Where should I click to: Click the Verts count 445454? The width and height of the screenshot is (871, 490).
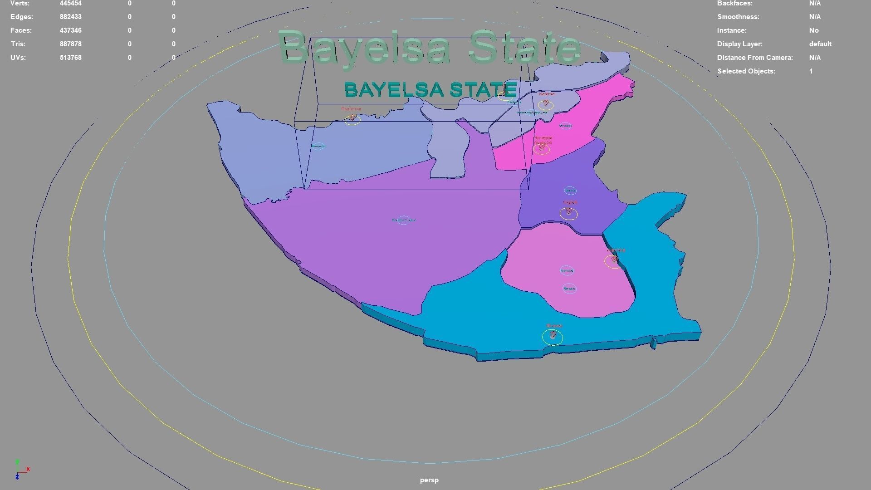pyautogui.click(x=70, y=4)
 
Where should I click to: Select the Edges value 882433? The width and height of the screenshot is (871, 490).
pyautogui.click(x=70, y=17)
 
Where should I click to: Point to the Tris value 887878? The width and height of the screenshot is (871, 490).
pyautogui.click(x=70, y=44)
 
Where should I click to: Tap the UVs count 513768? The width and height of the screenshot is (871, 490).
pyautogui.click(x=70, y=58)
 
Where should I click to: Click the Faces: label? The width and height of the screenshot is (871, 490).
pyautogui.click(x=21, y=30)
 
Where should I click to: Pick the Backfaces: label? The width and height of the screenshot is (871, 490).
pyautogui.click(x=734, y=4)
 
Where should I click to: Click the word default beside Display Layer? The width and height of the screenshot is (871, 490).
pyautogui.click(x=820, y=44)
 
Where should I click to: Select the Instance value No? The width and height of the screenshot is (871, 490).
pyautogui.click(x=813, y=30)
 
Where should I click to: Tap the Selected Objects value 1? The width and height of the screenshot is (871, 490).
pyautogui.click(x=811, y=71)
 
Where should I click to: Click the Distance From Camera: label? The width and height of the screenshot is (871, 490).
pyautogui.click(x=754, y=58)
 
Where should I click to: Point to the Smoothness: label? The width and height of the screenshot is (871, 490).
pyautogui.click(x=738, y=17)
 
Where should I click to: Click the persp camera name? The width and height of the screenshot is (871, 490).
pyautogui.click(x=429, y=480)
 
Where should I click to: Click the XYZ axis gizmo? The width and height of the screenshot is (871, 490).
pyautogui.click(x=20, y=470)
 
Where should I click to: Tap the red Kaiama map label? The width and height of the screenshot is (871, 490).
pyautogui.click(x=547, y=94)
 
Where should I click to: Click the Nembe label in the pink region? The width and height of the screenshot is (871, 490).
pyautogui.click(x=567, y=271)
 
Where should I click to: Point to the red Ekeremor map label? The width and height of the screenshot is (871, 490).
pyautogui.click(x=351, y=109)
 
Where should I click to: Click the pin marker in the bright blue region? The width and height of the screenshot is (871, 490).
pyautogui.click(x=553, y=335)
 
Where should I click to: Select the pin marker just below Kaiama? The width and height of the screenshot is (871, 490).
pyautogui.click(x=546, y=104)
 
